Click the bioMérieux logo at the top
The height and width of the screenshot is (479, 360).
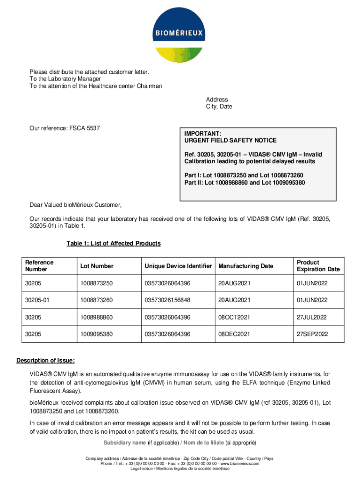[x=180, y=34]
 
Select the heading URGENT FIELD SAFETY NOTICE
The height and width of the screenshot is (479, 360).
[x=230, y=140]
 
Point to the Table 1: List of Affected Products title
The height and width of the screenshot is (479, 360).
[x=114, y=243]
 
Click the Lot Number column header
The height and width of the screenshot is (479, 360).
[x=97, y=266]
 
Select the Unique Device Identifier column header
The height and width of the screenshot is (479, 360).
[x=178, y=266]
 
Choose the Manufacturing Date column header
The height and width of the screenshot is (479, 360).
[x=245, y=266]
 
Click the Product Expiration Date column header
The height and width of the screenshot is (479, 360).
[x=318, y=266]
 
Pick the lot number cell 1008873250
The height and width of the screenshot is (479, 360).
[x=97, y=283]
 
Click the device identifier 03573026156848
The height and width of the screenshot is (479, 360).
[x=167, y=300]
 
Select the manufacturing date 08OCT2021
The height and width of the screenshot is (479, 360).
[x=234, y=318]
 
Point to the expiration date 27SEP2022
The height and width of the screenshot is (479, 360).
[x=312, y=334]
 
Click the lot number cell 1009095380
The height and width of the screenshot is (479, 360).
[x=97, y=334]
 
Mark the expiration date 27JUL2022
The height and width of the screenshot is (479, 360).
[x=312, y=318]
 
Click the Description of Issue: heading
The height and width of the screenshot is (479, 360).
[x=45, y=361]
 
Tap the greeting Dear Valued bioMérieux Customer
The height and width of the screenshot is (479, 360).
[x=75, y=205]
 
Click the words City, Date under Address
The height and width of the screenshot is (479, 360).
[x=219, y=107]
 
